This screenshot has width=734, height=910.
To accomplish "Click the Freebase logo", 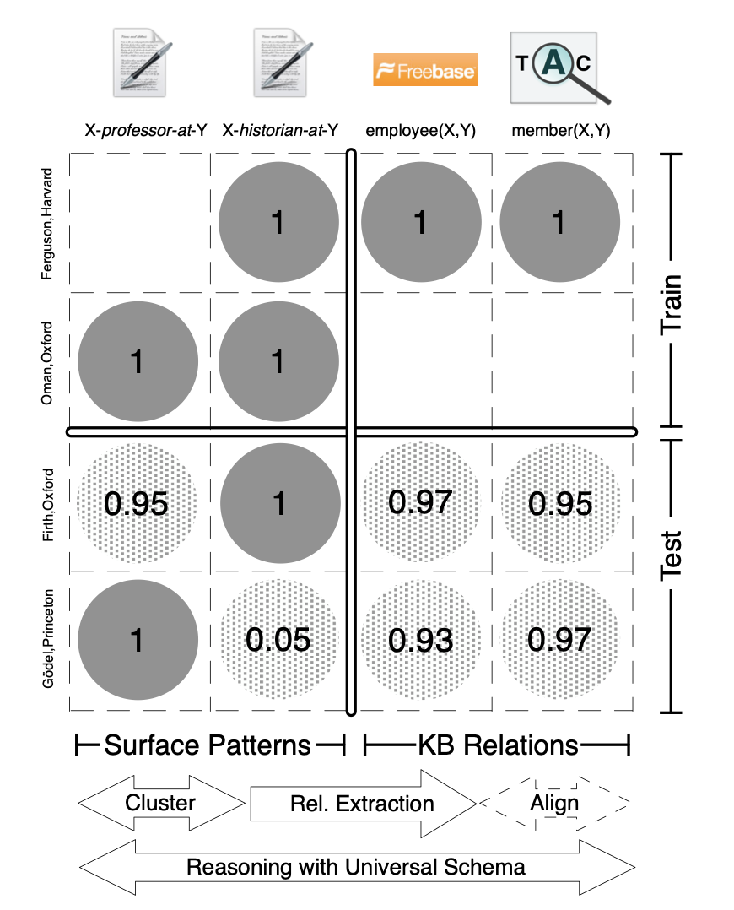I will [425, 70].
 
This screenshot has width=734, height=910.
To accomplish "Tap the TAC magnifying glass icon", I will [554, 67].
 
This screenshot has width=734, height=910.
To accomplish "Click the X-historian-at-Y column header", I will [280, 131].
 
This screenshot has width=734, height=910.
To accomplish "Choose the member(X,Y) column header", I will [560, 131].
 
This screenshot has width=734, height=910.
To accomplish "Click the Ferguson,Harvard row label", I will [48, 223].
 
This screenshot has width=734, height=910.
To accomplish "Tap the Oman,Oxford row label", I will [48, 362].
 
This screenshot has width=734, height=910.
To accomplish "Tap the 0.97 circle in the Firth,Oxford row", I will [420, 502].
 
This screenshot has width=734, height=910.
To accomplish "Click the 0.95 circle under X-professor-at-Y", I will [137, 503].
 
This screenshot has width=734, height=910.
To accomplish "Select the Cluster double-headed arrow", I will [160, 803].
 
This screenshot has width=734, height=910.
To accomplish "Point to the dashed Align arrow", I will [554, 803].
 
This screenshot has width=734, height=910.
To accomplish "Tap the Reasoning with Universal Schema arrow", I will [355, 868].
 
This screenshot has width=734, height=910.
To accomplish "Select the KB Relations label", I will [498, 745].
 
